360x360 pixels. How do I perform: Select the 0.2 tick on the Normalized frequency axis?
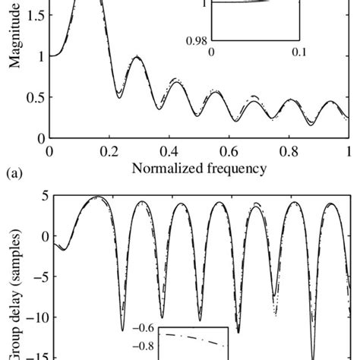109,152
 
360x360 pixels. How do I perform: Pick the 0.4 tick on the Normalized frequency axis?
169,152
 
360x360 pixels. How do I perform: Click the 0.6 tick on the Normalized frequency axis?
229,152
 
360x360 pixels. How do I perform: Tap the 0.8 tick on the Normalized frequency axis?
288,152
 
